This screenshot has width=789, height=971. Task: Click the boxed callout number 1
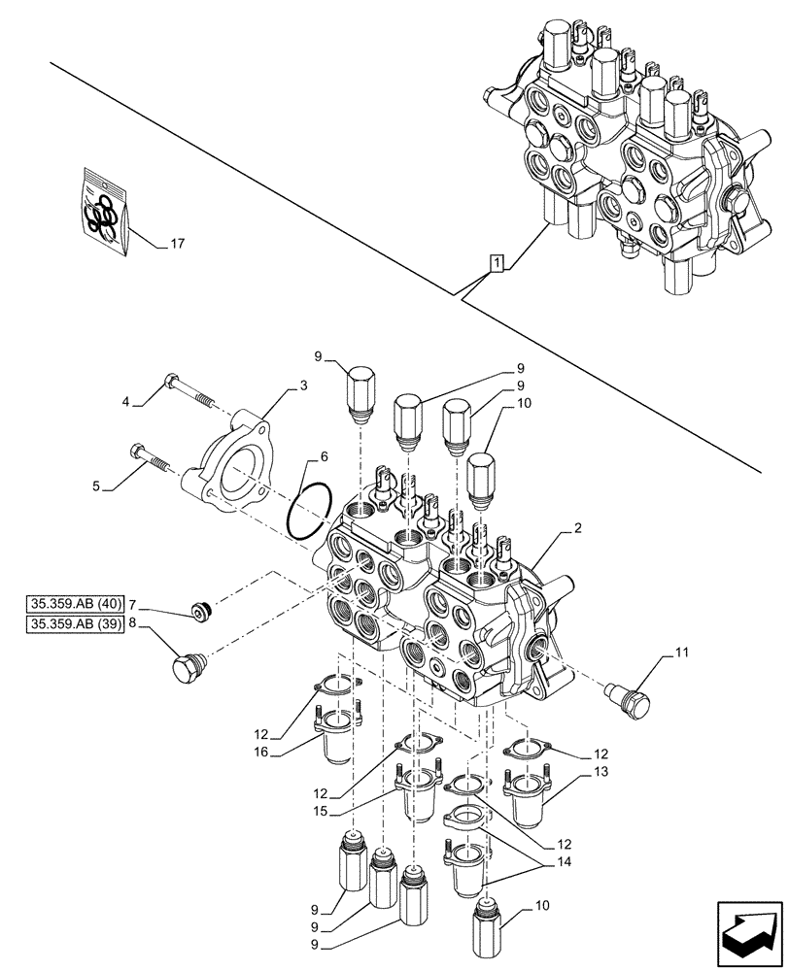click(497, 263)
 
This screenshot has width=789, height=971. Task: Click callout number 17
click(177, 244)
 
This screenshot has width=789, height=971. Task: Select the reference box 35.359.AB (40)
click(76, 604)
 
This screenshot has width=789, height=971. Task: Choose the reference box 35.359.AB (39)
click(76, 624)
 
